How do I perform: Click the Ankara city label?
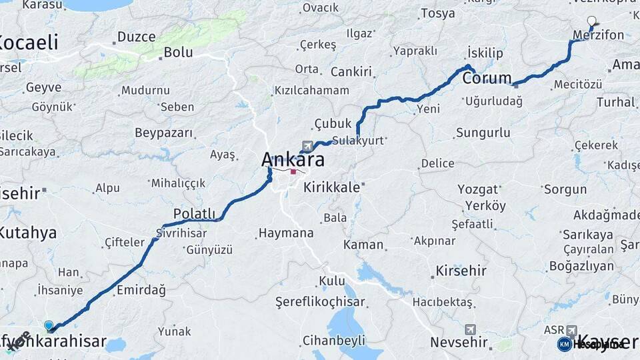[x=293, y=160]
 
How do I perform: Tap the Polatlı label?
[x=195, y=213]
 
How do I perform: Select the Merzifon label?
[x=599, y=35]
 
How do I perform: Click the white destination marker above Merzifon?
[x=591, y=21]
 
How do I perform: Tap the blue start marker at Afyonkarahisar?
[x=49, y=325]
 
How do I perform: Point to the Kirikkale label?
[x=331, y=187]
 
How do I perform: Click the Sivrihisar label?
[x=181, y=233]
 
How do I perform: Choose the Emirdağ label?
[x=141, y=290]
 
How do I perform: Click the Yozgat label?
[x=477, y=189]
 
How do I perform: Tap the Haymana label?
[x=285, y=233]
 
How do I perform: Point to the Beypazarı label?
[x=163, y=133]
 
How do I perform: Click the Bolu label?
[x=178, y=51]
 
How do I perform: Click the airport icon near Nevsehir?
[x=471, y=330]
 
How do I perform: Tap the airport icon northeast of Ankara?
[x=307, y=146]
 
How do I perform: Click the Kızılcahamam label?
[x=312, y=90]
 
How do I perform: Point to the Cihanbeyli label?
[x=334, y=341]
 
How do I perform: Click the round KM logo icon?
[x=565, y=344]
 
